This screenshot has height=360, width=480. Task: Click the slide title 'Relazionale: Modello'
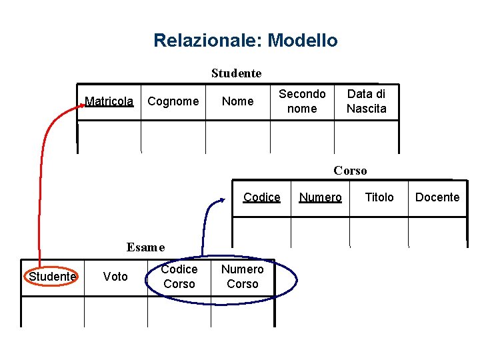245,41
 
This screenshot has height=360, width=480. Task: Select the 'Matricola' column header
109,101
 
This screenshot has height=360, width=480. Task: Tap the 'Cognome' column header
173,101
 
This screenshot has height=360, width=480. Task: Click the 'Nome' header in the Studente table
237,101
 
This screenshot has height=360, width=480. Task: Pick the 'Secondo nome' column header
302,101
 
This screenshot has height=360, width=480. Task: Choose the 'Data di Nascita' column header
366,101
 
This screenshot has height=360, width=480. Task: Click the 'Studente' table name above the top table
237,73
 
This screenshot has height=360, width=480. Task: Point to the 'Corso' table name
350,171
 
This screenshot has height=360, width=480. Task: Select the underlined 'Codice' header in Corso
262,197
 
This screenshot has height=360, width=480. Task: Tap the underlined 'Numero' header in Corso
321,197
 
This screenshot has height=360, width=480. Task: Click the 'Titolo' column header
379,197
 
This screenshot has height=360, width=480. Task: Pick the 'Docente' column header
437,197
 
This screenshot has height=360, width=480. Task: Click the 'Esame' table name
145,247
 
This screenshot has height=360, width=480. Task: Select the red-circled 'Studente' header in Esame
52,277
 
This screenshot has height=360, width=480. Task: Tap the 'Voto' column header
115,277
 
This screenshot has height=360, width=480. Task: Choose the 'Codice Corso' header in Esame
179,277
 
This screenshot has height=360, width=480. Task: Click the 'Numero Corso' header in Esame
243,277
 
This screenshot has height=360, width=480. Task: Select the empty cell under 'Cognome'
173,137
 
